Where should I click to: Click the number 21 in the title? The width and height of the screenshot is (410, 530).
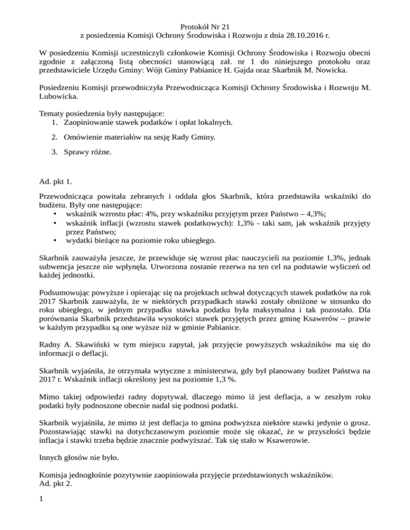coord(224,25)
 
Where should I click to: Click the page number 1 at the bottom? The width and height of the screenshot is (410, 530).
coord(43,500)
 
